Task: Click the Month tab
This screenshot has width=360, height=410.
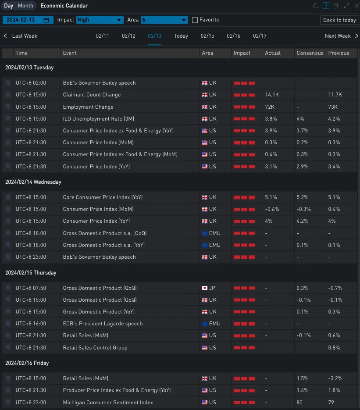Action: coord(25,6)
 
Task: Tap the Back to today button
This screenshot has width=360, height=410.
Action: coord(339,20)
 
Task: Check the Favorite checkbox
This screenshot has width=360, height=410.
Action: coord(195,20)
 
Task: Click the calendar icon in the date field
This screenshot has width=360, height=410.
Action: coord(46,20)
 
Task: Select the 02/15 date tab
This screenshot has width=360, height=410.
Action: coord(207,36)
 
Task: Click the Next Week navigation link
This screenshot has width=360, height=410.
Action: coord(338,36)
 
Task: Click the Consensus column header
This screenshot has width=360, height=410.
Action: coord(310,53)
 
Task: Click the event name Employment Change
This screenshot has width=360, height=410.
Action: coord(88,107)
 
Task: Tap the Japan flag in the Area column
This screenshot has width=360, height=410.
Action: coord(204,288)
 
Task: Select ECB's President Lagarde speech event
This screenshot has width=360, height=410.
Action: coord(103,324)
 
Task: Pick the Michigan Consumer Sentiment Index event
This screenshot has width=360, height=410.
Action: coord(108,403)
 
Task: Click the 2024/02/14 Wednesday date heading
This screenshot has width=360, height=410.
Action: coord(33,182)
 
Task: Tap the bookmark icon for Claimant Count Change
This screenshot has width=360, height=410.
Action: coord(7,95)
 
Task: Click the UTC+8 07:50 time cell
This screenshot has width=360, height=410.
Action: coord(31,288)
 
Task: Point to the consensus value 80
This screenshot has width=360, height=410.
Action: coord(300,403)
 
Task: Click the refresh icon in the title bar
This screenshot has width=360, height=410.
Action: coord(316,6)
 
